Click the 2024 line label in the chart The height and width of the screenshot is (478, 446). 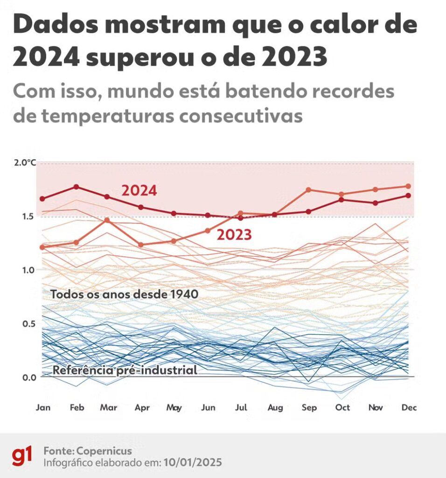[x=139, y=190]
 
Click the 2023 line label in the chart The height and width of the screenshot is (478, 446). [x=234, y=235]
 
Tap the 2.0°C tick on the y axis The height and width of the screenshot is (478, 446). [x=25, y=163]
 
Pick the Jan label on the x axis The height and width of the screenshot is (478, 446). [x=43, y=408]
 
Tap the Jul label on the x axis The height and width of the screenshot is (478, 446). [x=241, y=408]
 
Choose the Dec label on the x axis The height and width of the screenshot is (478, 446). [x=409, y=408]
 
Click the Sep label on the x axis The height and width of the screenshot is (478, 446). [x=309, y=408]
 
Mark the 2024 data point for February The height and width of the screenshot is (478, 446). [x=77, y=187]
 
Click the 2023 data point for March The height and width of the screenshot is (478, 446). [x=107, y=220]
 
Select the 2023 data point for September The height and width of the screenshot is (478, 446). [x=308, y=190]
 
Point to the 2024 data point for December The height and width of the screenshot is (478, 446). [x=409, y=196]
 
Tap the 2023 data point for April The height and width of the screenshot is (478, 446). [x=140, y=245]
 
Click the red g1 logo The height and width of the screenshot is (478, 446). [x=22, y=456]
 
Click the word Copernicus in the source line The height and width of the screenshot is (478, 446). [x=105, y=451]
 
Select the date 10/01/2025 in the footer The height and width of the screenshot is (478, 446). [x=193, y=463]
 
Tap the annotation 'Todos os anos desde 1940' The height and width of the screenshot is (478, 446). [x=124, y=295]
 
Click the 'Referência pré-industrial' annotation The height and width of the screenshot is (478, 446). [x=125, y=371]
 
